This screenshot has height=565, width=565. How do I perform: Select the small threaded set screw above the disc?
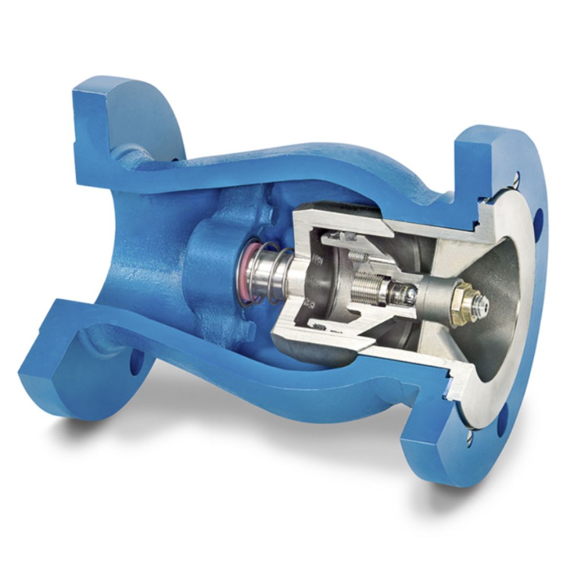click(x=358, y=256)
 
